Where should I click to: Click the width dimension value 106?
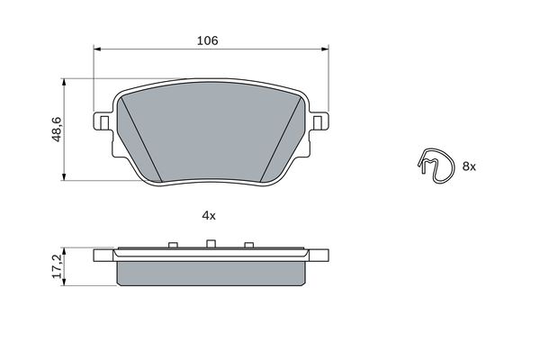[x=208, y=40]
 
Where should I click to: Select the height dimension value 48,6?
[x=56, y=130]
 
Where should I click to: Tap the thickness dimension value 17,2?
[x=56, y=265]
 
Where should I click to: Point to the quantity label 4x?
[x=209, y=216]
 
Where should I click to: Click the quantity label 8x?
[x=469, y=166]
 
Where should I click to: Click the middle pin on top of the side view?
[x=209, y=243]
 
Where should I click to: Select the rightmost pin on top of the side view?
[x=248, y=244]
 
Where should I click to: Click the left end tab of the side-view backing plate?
[x=103, y=256]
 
